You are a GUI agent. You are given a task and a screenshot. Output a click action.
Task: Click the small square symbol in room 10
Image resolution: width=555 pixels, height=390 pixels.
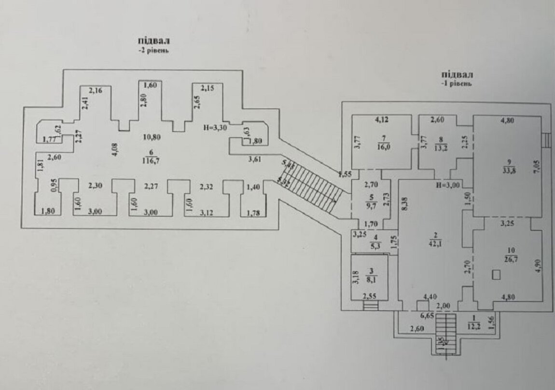click(496, 275)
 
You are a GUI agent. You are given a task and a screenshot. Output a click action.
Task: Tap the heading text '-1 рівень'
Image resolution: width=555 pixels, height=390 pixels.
click(456, 83)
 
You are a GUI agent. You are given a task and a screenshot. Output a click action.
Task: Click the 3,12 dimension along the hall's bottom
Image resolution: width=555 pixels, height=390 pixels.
click(207, 210)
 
